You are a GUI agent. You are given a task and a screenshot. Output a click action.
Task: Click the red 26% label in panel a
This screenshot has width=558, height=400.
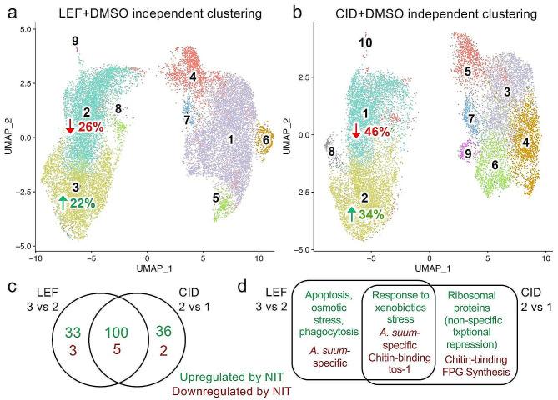tap(91, 127)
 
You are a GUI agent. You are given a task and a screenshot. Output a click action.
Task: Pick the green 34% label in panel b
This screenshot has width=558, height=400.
tap(375, 214)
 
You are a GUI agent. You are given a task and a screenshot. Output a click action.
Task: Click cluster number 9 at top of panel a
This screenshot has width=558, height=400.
tap(75, 41)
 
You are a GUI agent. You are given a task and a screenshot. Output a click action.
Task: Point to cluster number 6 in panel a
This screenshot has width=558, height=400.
tap(266, 141)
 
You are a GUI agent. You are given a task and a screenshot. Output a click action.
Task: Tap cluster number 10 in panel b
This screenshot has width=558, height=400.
tap(365, 42)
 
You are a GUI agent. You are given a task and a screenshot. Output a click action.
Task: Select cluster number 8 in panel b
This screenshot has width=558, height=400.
tap(332, 152)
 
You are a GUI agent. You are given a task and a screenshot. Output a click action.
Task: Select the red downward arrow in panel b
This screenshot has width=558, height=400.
tap(356, 131)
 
